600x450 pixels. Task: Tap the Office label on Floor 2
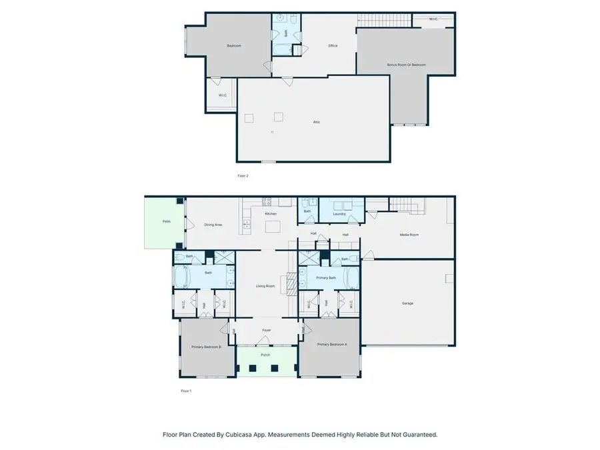pos(333,46)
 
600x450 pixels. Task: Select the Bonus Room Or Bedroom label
pos(406,65)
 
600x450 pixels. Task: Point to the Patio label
pos(165,221)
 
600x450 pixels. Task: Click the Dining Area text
pos(213,225)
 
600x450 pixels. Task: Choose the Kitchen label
pos(271,213)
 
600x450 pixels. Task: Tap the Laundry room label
pos(340,214)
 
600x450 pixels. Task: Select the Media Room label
pos(409,235)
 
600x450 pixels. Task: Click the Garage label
pos(407,303)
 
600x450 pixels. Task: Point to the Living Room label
pos(266,286)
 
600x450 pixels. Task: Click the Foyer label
pos(266,330)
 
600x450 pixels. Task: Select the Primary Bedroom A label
pos(331,344)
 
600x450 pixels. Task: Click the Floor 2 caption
pos(243,175)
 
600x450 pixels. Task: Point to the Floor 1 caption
pos(186,391)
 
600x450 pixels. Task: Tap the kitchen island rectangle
pos(273,227)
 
